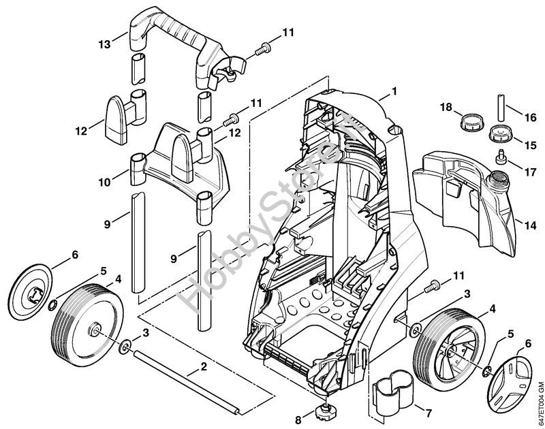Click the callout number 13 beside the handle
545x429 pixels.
coord(104,44)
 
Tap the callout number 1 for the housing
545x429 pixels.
coord(394,92)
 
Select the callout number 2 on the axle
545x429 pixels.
coord(204,366)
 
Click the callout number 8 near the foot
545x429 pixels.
coord(298,420)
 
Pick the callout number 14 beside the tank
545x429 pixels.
coord(531,225)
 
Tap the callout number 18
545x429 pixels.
coord(447,107)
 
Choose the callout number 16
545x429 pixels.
coord(531,117)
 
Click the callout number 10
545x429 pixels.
coord(104,182)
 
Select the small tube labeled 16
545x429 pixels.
coord(501,107)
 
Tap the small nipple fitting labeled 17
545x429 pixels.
coord(501,155)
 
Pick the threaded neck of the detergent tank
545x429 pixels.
coord(497,180)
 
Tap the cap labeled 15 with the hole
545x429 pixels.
coord(500,133)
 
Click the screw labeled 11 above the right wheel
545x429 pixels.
coord(431,286)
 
